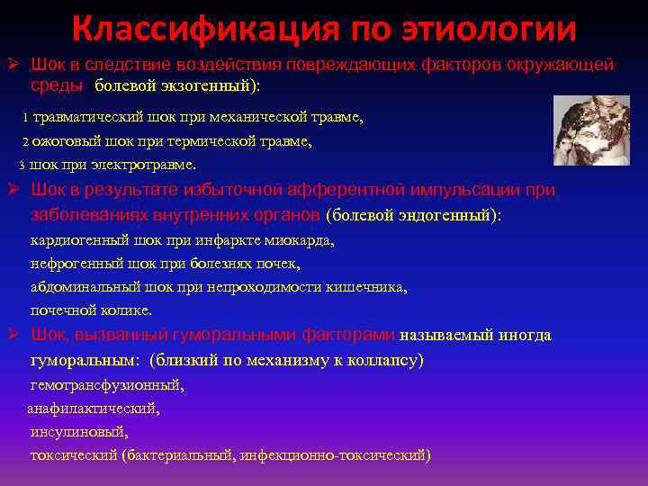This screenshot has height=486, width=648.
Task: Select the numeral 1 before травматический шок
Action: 25,118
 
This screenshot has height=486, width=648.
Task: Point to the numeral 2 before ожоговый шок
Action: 25,141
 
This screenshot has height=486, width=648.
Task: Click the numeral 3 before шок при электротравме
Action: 22,165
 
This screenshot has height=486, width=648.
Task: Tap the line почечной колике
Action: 91,310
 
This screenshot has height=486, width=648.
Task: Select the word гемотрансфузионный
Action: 107,384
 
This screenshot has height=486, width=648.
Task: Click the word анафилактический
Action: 94,408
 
